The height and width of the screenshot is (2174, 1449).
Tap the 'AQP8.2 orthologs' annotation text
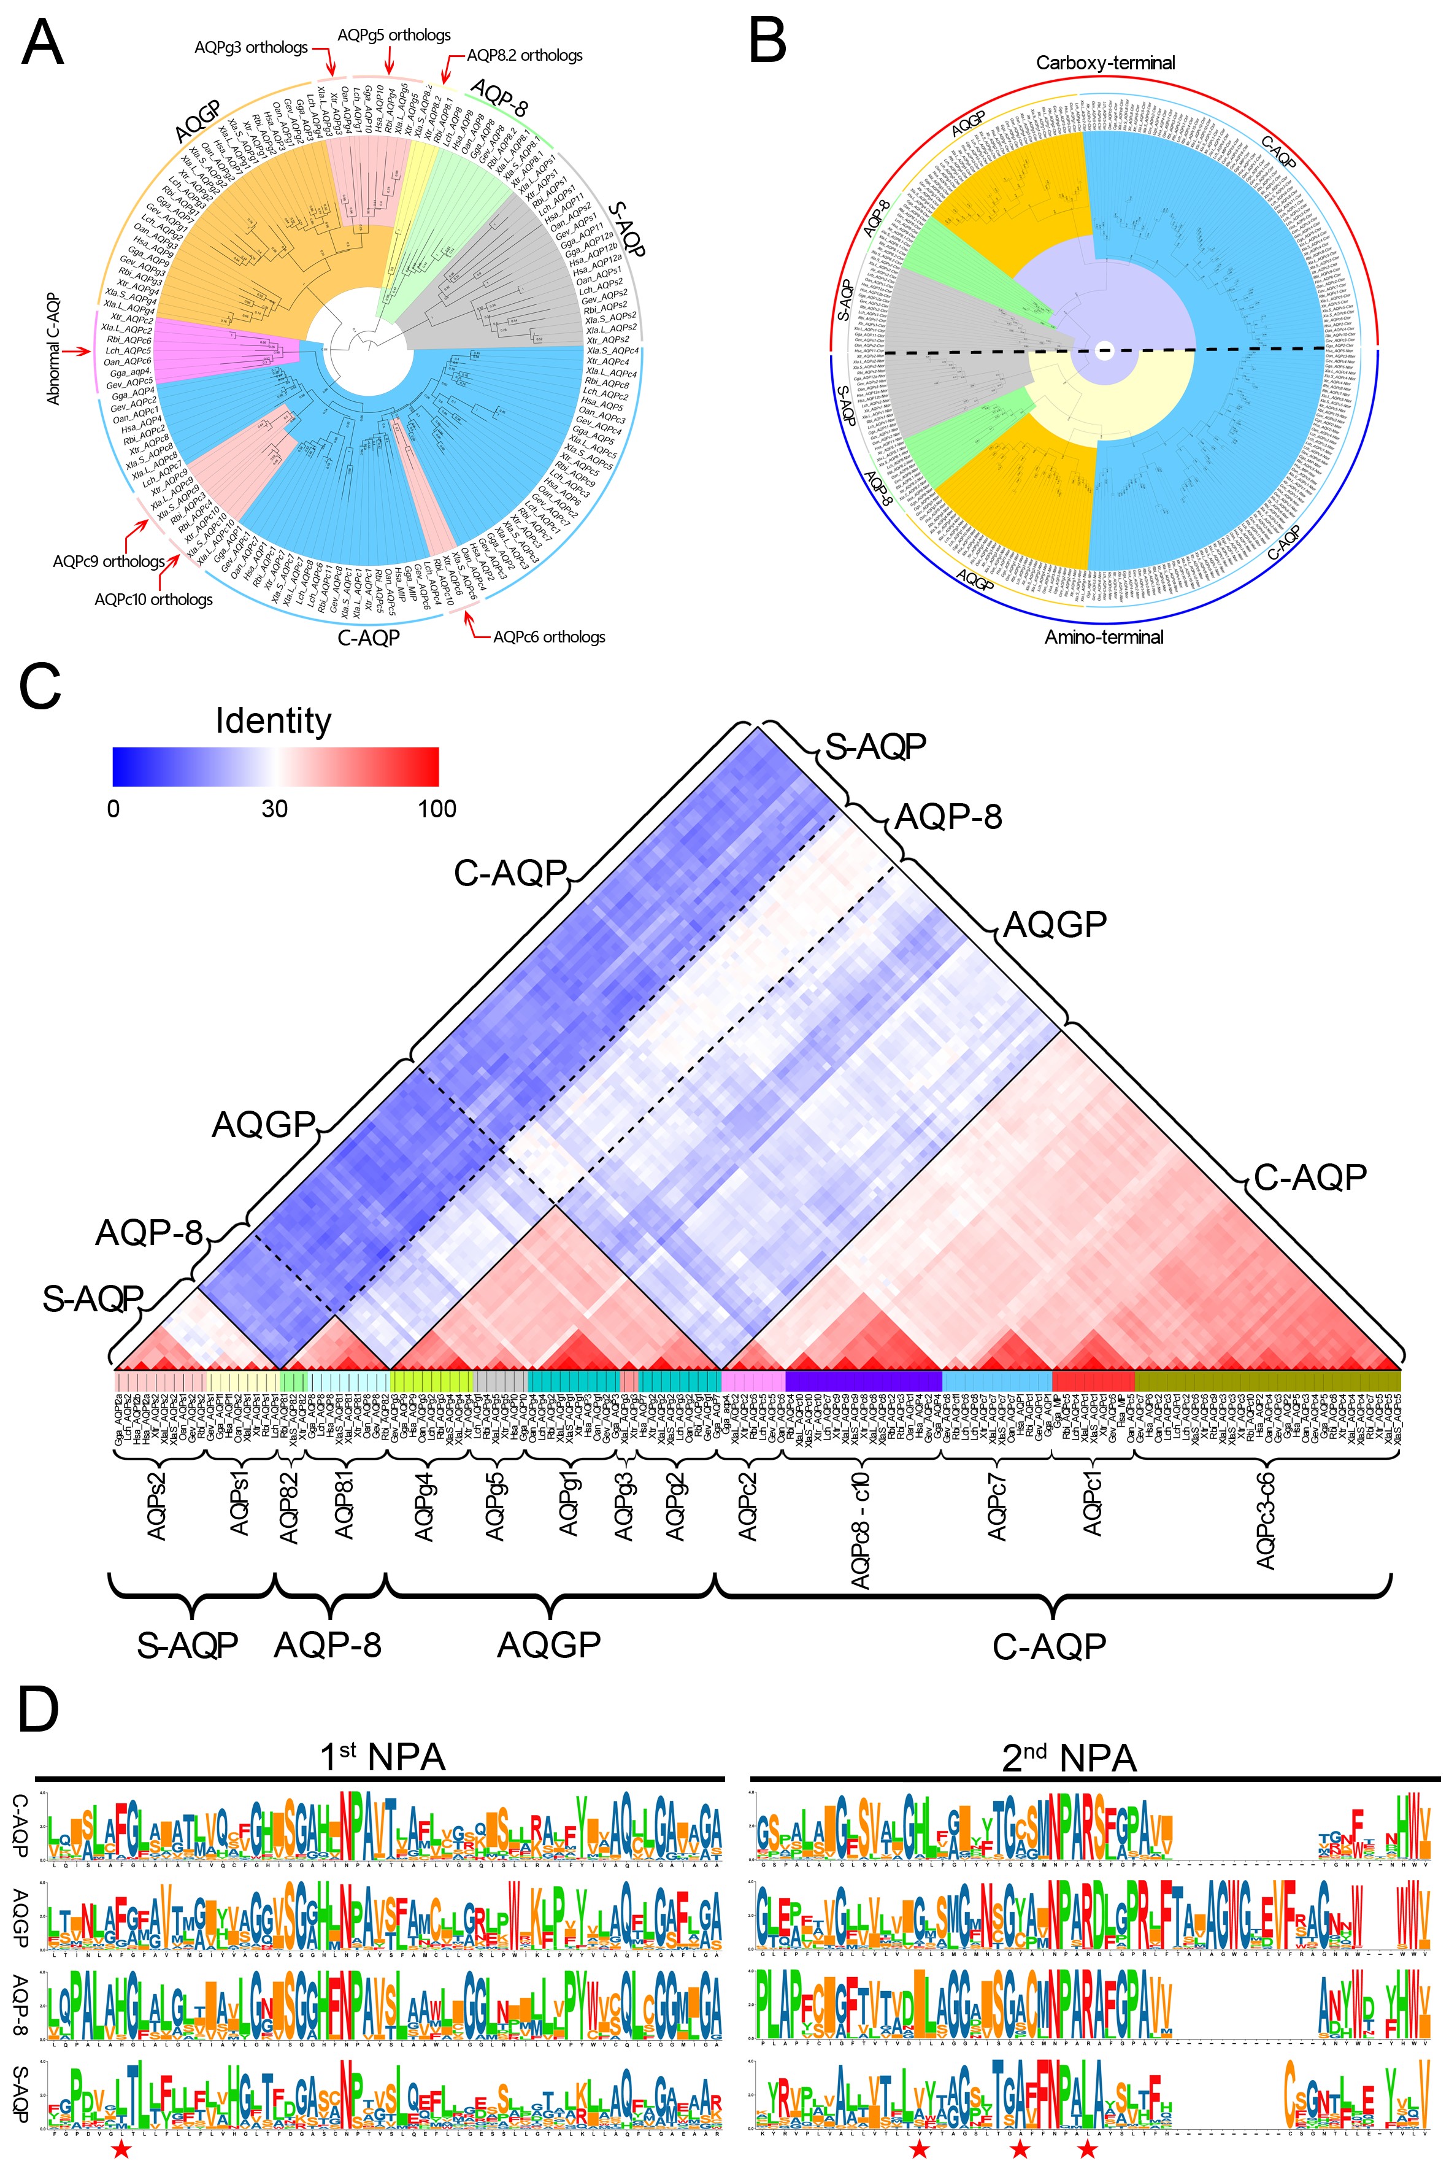[x=524, y=55]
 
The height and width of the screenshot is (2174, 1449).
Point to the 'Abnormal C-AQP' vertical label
[x=53, y=349]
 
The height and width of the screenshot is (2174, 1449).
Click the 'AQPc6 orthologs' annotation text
[x=549, y=637]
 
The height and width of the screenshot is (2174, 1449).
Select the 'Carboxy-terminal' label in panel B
[x=1105, y=63]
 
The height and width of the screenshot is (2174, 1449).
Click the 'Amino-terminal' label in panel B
[x=1104, y=637]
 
